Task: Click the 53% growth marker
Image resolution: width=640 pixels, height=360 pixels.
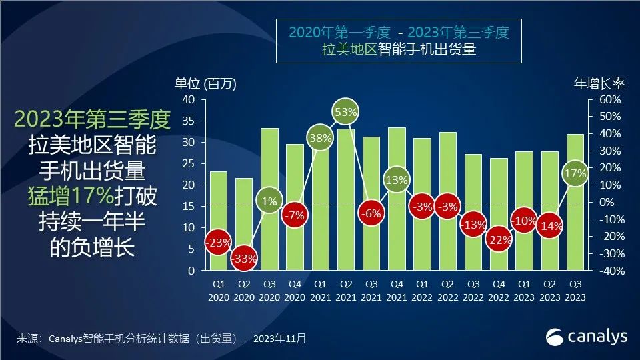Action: [346, 112]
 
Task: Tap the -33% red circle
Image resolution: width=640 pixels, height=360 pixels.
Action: [245, 259]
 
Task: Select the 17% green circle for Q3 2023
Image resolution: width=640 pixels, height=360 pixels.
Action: [574, 174]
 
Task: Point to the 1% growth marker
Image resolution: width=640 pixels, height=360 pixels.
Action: [269, 201]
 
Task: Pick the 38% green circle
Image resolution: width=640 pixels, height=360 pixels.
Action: [320, 138]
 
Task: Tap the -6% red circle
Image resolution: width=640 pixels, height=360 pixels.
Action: [371, 214]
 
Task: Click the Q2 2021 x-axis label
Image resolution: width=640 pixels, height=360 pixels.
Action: [346, 290]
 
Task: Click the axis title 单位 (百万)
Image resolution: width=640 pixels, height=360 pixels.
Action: [205, 83]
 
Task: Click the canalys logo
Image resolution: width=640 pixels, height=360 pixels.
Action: [587, 337]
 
